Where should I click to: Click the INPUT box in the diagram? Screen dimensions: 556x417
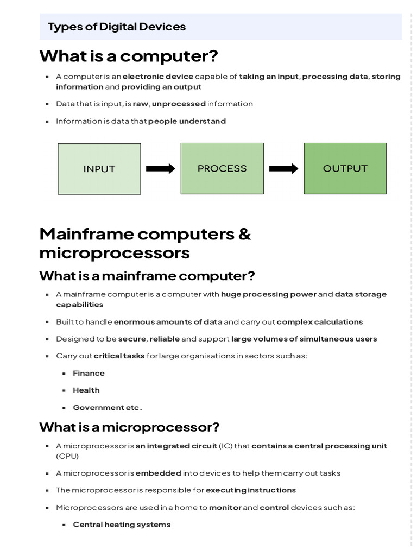(x=99, y=169)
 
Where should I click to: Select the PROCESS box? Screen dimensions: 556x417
(x=222, y=168)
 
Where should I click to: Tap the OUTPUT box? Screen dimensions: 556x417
(x=345, y=168)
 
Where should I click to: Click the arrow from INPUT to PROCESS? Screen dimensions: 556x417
(x=161, y=168)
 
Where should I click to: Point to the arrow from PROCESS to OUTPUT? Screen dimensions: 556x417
(x=283, y=168)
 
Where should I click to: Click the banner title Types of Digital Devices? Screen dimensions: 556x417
(x=117, y=27)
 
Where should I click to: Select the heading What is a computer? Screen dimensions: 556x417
(x=129, y=56)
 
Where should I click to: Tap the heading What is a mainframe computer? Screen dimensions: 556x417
(x=147, y=276)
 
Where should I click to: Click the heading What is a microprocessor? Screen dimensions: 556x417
(x=129, y=427)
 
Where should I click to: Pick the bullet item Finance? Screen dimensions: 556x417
(x=89, y=373)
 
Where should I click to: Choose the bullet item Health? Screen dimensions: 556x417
(x=86, y=390)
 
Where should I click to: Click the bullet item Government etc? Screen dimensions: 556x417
(x=108, y=407)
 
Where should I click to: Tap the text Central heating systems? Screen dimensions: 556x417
(x=122, y=525)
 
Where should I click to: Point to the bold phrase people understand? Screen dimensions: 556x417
(x=187, y=121)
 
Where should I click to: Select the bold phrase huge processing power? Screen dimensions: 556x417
(x=269, y=294)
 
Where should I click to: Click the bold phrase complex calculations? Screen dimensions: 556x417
(x=319, y=322)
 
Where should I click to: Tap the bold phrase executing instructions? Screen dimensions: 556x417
(x=251, y=490)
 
